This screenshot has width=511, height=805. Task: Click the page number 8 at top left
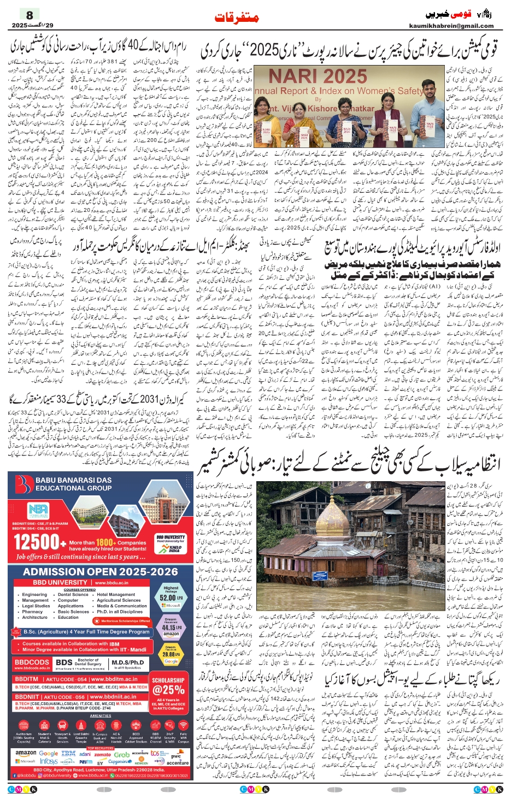(x=30, y=15)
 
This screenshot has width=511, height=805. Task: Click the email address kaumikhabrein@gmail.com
(x=451, y=26)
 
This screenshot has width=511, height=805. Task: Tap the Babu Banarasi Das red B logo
(x=24, y=484)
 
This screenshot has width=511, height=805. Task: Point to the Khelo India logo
(x=175, y=548)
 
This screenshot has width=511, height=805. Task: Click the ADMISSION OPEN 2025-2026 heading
(x=101, y=572)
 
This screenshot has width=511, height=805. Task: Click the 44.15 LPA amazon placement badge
(x=171, y=628)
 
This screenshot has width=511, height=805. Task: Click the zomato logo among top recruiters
(x=102, y=754)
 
